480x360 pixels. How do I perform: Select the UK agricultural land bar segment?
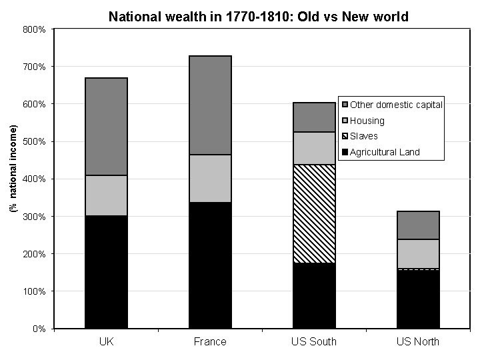tap(106, 271)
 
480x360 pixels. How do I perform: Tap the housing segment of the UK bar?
tap(106, 195)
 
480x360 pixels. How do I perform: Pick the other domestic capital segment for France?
tap(210, 105)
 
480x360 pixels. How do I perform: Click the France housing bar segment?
tap(210, 178)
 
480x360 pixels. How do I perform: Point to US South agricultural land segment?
tap(314, 295)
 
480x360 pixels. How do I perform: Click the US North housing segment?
tap(418, 253)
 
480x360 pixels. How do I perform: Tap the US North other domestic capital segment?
tap(418, 225)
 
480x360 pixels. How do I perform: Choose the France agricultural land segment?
tap(210, 265)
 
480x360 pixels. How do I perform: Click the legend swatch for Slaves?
tap(345, 137)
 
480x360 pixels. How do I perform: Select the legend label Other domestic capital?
tap(396, 105)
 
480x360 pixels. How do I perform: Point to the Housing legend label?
tap(367, 121)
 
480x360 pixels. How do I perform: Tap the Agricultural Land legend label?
tap(385, 152)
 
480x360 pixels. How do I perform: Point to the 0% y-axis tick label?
tap(39, 329)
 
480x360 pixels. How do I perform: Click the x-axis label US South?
tap(314, 342)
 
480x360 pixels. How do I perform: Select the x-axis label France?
tap(210, 342)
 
